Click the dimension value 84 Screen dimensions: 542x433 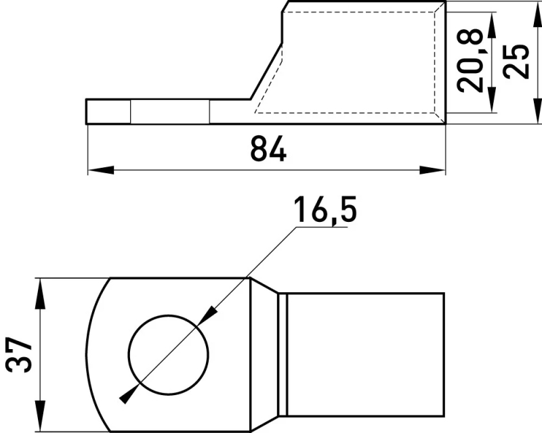tap(268, 148)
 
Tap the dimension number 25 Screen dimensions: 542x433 tap(516, 62)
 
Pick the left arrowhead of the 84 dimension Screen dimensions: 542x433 tap(101, 170)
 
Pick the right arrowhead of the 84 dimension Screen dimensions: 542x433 tap(432, 170)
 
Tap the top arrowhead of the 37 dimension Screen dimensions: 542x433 tap(41, 291)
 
